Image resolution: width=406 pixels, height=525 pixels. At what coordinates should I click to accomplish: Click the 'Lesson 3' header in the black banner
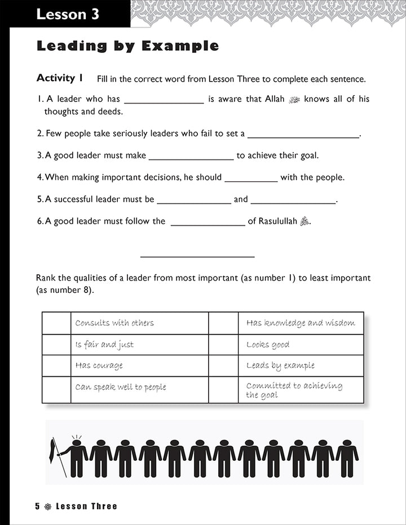(x=68, y=15)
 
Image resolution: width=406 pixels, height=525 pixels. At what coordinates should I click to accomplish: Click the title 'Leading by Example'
(x=127, y=46)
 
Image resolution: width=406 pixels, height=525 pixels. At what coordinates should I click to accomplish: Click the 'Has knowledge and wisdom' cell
(x=301, y=323)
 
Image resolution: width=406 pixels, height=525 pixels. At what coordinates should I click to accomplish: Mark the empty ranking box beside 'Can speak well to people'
(x=56, y=389)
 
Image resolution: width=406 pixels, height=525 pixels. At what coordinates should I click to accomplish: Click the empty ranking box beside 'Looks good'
(x=223, y=344)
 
